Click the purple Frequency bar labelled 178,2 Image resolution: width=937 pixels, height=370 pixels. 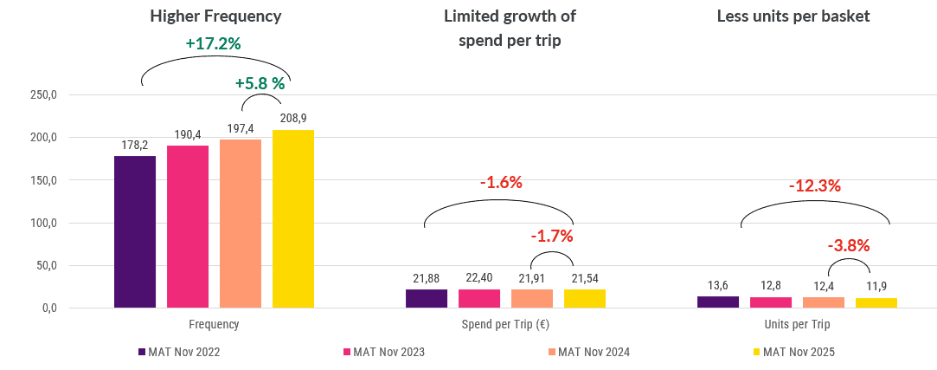135,231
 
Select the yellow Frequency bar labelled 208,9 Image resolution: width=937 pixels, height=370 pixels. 293,218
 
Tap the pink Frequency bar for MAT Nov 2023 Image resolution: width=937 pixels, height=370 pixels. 188,226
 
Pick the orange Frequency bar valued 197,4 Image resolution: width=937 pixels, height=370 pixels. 241,224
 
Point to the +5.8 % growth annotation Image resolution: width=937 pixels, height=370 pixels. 260,84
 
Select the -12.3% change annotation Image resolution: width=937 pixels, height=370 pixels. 814,186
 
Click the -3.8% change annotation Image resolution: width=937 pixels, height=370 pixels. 848,245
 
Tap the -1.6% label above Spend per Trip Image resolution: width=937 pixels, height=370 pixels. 502,183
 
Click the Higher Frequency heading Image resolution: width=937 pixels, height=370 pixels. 215,16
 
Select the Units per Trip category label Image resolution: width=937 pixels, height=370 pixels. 798,325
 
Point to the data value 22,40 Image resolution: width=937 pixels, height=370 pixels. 478,278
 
